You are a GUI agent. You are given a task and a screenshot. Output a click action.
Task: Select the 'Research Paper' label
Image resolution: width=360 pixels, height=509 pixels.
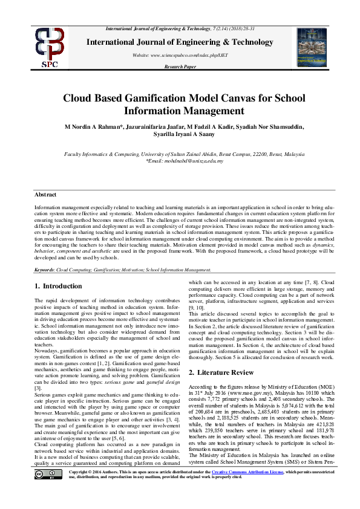(180, 66)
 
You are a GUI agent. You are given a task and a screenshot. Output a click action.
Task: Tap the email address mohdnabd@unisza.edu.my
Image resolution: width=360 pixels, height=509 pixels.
(185, 161)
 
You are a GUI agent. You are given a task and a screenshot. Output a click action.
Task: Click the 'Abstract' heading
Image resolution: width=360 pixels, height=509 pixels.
(45, 195)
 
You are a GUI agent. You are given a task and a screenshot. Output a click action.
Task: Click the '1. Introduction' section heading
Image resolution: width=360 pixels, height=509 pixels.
(58, 286)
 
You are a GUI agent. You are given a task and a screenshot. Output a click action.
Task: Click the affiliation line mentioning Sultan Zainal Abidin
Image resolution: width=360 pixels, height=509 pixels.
(180, 155)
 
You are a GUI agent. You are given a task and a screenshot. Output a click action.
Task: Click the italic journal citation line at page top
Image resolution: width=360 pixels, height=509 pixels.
(180, 29)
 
